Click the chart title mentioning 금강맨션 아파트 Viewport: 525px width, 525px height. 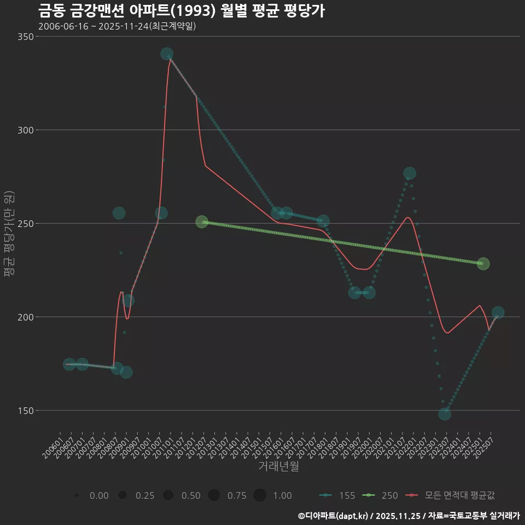[182, 11]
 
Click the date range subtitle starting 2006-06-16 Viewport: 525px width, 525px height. [117, 26]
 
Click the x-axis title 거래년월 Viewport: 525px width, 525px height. [278, 466]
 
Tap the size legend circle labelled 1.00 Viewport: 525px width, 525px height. [260, 495]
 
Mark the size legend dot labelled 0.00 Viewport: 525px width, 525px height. [77, 495]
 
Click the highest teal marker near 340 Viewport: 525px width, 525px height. [167, 54]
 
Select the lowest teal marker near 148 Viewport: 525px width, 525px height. [445, 414]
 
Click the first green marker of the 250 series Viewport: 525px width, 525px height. [202, 222]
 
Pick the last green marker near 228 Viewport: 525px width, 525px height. [483, 264]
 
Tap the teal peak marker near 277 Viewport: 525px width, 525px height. [409, 173]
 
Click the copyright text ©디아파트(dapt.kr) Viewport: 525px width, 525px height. [332, 516]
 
